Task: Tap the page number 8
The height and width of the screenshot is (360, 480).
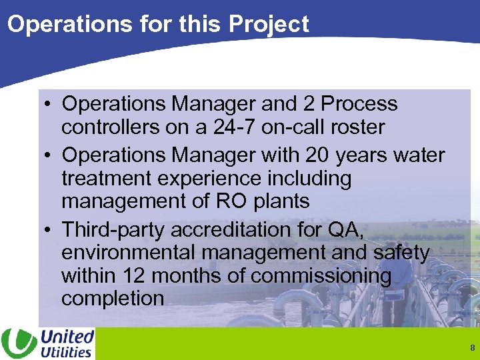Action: click(x=472, y=348)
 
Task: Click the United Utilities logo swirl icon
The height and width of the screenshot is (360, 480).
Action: click(x=19, y=343)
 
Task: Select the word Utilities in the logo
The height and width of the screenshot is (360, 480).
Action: click(x=66, y=352)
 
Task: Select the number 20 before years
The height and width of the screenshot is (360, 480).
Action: click(x=317, y=155)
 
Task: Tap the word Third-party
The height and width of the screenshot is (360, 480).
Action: click(x=114, y=230)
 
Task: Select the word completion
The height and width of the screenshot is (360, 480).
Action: click(x=113, y=298)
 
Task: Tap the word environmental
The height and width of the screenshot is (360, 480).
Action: click(x=129, y=253)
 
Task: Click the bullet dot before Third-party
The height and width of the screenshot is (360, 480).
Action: click(x=49, y=230)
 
